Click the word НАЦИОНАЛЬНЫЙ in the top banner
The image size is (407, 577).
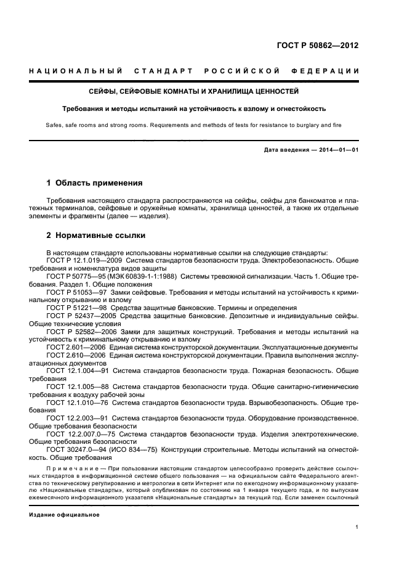(x=76, y=71)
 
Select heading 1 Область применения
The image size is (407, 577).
(x=95, y=183)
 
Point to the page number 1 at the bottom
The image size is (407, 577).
(x=357, y=527)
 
